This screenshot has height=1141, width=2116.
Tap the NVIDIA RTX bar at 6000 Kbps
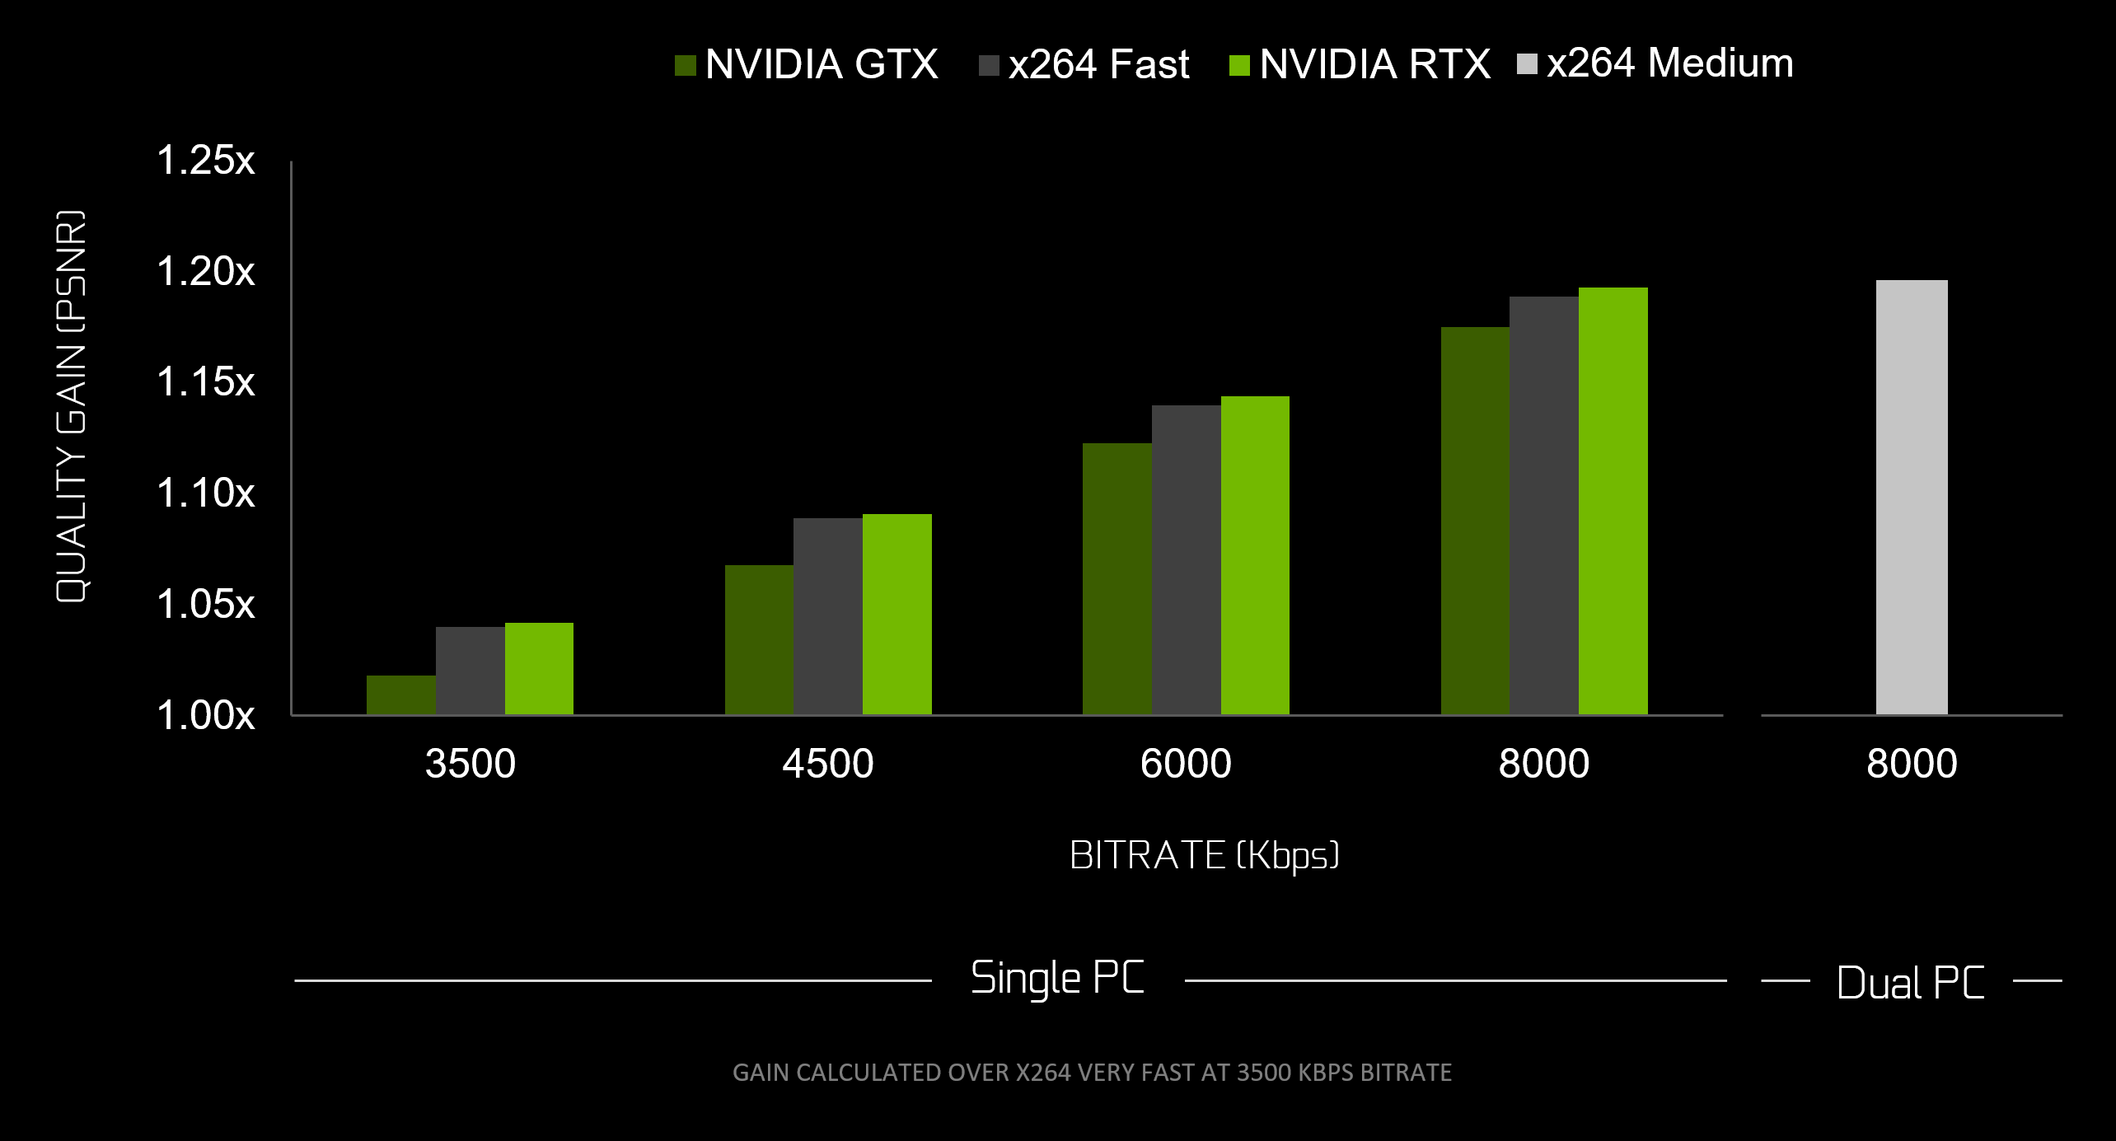(x=1254, y=555)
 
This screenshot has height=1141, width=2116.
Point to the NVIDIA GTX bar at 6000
(x=1117, y=578)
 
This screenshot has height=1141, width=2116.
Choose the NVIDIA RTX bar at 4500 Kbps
(x=896, y=614)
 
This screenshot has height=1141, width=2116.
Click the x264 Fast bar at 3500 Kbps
(x=470, y=671)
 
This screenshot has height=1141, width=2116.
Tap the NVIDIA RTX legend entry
(x=1360, y=64)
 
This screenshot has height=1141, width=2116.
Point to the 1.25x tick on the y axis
(x=205, y=160)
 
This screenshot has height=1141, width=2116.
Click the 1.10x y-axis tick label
(x=205, y=493)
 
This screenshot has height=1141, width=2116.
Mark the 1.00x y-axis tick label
(x=205, y=715)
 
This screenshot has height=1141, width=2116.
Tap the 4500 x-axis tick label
(x=827, y=764)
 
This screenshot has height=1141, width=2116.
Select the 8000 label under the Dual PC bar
(x=1911, y=764)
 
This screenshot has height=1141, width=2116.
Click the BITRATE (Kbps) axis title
(x=1203, y=855)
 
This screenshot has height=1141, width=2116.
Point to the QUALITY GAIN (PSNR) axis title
(x=71, y=406)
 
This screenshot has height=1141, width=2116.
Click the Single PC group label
(x=1057, y=979)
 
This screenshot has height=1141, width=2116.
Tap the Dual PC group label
(x=1910, y=982)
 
